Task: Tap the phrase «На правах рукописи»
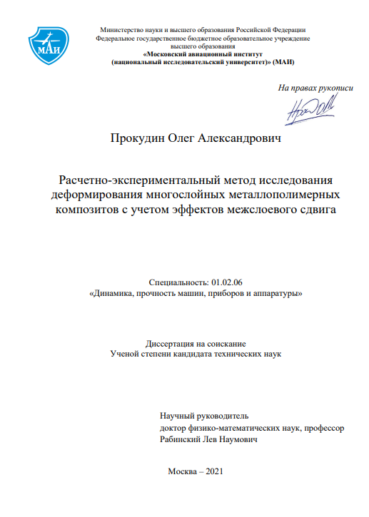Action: (315, 87)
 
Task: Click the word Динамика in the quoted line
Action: (111, 293)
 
